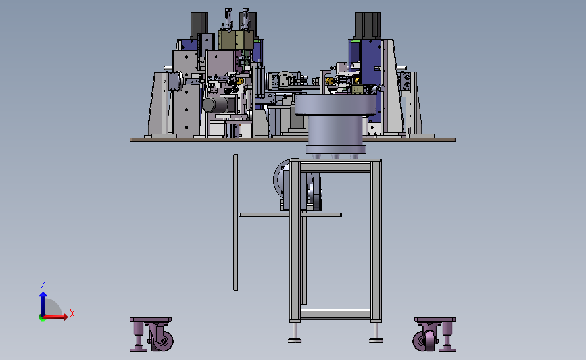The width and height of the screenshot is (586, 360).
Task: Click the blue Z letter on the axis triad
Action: (x=43, y=284)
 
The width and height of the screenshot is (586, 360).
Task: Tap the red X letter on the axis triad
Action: (x=72, y=313)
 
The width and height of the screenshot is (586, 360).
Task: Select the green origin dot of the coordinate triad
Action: (x=42, y=318)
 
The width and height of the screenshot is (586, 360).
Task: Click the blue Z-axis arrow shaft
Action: (x=43, y=305)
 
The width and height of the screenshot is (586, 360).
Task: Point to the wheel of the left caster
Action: (x=163, y=340)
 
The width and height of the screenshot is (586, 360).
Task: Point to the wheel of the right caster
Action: (x=424, y=340)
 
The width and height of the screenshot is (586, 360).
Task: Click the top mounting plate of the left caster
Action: (x=151, y=320)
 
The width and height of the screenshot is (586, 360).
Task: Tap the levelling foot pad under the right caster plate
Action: (x=447, y=350)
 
